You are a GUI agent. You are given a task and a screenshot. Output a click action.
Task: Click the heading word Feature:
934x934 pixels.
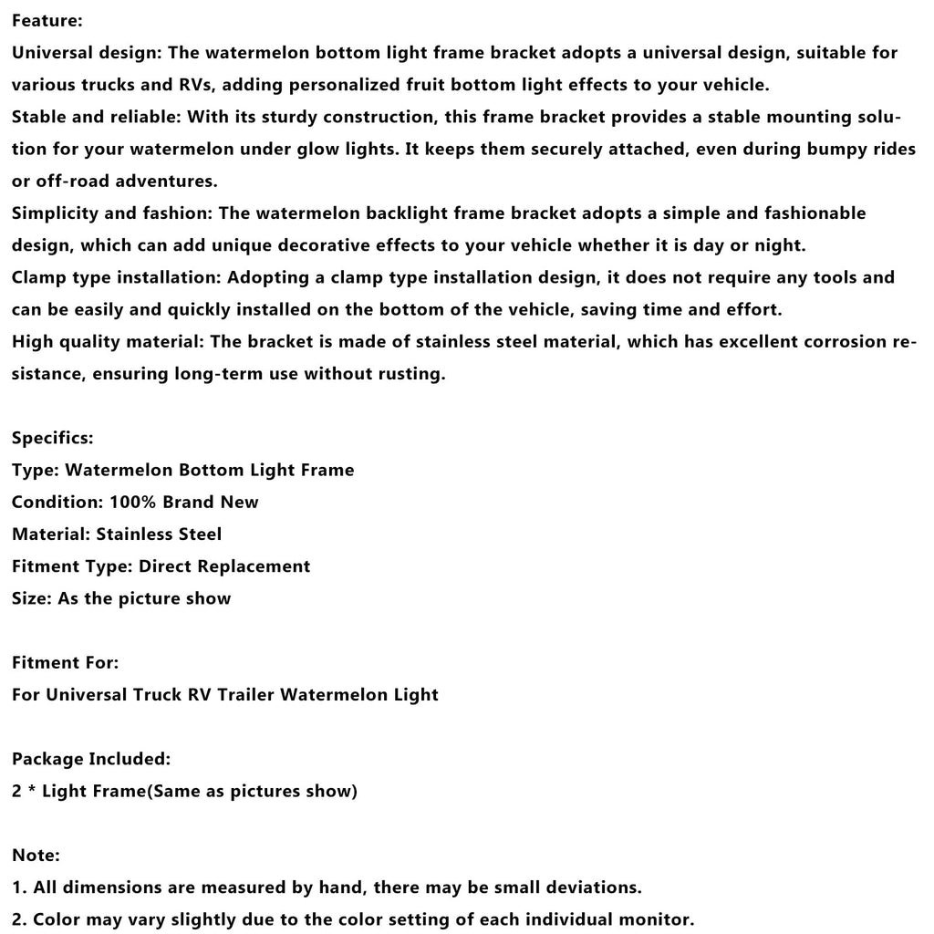(47, 20)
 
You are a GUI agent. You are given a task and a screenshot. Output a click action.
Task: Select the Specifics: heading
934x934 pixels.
(52, 438)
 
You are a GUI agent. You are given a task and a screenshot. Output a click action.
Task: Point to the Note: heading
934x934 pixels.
(36, 855)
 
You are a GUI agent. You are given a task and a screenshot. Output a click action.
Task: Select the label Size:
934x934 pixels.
(32, 598)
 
